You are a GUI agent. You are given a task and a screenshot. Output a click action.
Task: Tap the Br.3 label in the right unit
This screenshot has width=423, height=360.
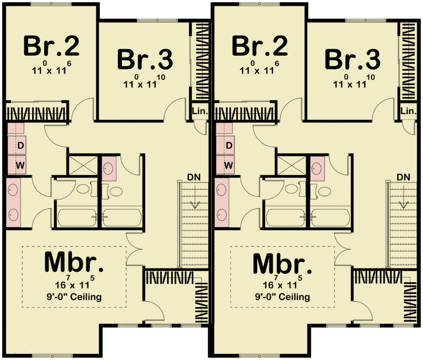352,59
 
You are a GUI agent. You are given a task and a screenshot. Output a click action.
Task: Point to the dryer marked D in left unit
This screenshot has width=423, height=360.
20,145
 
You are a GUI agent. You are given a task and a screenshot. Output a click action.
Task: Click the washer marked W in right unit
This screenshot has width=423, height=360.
228,165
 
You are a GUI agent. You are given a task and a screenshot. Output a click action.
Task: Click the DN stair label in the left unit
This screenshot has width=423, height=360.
194,177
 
